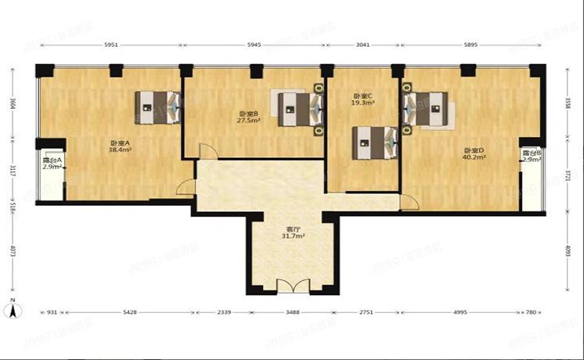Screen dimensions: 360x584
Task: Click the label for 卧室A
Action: point(119,143)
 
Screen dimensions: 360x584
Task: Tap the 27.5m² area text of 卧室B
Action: point(250,121)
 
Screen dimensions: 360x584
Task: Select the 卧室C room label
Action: point(362,95)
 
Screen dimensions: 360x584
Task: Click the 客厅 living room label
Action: point(293,229)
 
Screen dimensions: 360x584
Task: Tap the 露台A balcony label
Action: point(52,160)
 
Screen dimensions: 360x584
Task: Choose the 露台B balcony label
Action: point(532,153)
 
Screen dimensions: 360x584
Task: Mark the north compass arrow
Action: point(13,310)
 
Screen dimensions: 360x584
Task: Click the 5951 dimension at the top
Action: point(110,45)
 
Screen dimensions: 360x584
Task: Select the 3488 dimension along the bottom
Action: point(292,313)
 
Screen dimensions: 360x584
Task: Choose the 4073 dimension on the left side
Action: point(13,253)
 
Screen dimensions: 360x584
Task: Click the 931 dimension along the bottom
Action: point(52,313)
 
